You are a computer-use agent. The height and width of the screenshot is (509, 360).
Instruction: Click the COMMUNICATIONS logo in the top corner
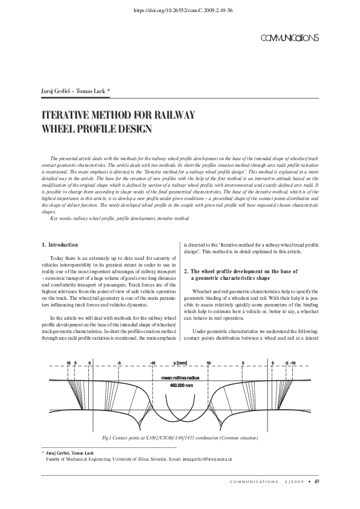289,38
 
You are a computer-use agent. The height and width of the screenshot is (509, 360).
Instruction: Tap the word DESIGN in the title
133,128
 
